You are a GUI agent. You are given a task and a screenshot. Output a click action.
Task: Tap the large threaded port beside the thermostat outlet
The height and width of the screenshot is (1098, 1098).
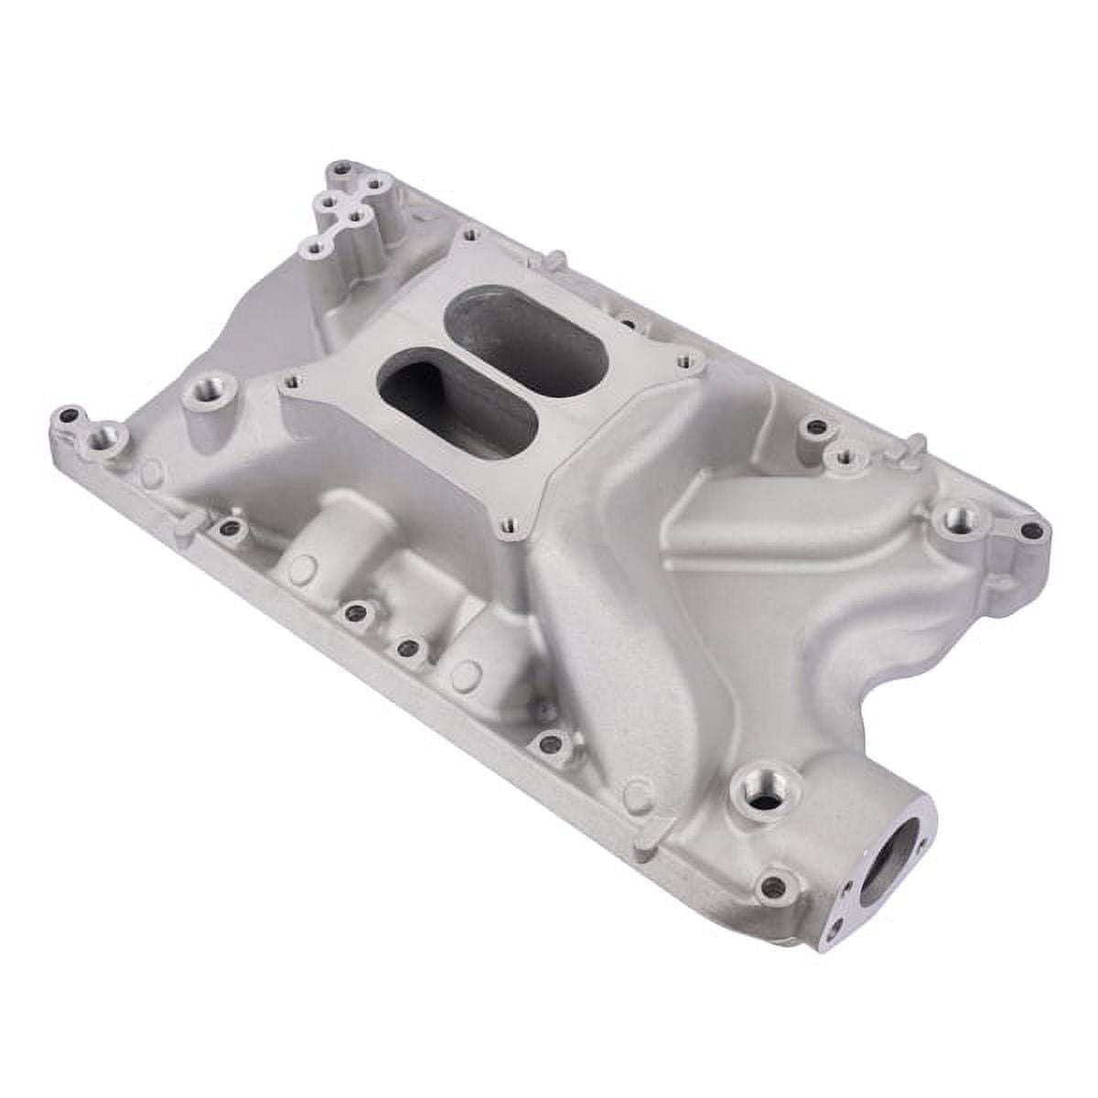pos(762,785)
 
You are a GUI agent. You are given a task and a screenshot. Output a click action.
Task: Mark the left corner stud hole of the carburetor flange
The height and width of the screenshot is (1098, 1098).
pos(294,375)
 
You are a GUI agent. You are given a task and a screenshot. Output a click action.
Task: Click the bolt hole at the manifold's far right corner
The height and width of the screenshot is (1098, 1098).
pos(1033,529)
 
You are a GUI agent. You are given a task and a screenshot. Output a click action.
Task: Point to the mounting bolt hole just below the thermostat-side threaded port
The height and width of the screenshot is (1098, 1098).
pos(773,884)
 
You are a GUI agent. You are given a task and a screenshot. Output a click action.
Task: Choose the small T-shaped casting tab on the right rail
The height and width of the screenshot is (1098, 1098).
pos(900,453)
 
